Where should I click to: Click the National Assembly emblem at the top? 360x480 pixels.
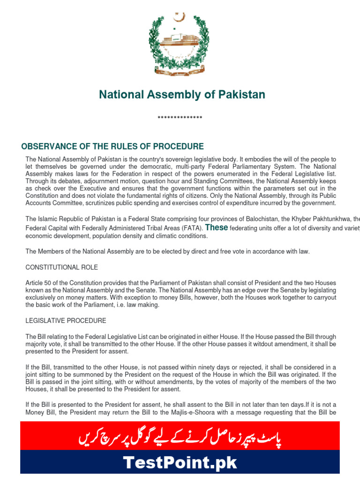(x=179, y=44)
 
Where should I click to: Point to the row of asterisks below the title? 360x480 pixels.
(x=180, y=118)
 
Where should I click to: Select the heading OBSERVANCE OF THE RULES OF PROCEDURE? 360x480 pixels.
(x=112, y=147)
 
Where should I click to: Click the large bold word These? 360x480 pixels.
(x=217, y=227)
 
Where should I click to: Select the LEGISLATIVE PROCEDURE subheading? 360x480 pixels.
(x=66, y=321)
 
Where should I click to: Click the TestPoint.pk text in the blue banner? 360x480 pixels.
(x=180, y=464)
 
